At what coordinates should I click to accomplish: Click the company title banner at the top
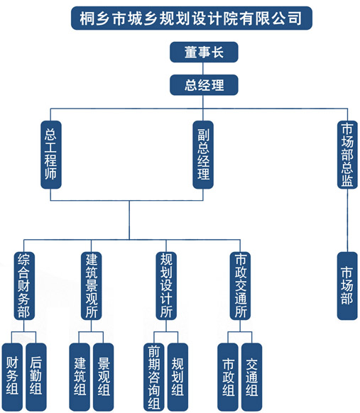coord(192,18)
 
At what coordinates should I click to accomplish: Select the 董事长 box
coord(204,52)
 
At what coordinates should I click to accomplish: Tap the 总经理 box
coord(204,85)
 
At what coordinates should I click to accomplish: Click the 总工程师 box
coord(51,155)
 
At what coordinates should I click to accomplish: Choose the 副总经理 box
coord(203,155)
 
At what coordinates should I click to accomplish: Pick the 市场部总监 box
coord(347,155)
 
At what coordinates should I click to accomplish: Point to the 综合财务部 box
coord(24,286)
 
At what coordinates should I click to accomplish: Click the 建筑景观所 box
coord(91,286)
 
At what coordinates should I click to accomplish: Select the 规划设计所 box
coord(166,286)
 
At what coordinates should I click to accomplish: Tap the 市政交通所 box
coord(240,286)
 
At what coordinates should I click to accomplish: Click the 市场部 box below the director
coord(347,286)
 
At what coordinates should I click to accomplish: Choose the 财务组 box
coord(12,377)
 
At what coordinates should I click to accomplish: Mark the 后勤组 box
coord(36,377)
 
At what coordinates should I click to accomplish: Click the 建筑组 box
coord(80,377)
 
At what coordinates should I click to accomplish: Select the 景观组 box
coord(103,377)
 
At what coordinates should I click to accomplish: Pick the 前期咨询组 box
coord(154,377)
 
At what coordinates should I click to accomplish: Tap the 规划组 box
coord(178,377)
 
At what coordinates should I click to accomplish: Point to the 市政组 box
coord(228,377)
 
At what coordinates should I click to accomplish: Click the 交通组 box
coord(252,377)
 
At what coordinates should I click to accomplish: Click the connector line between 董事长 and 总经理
coord(203,69)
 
